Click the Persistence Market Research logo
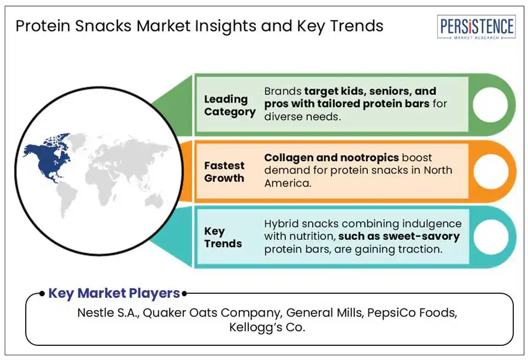click(x=476, y=28)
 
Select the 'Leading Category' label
click(x=229, y=106)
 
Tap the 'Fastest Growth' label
click(x=225, y=172)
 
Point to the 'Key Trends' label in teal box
click(x=223, y=237)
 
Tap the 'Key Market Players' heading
click(x=114, y=293)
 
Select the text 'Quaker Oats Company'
click(x=207, y=313)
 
